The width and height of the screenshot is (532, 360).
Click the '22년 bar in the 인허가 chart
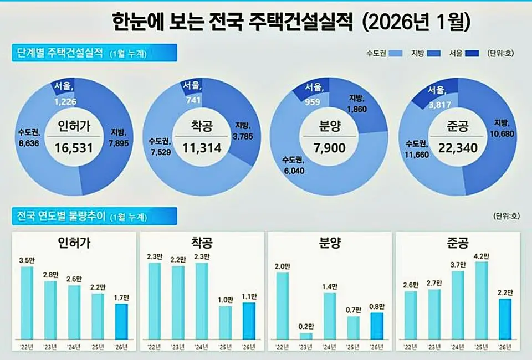(27, 302)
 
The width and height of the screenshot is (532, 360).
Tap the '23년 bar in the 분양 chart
(305, 335)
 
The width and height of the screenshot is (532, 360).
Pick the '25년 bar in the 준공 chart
(481, 300)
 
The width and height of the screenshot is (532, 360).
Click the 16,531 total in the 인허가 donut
(74, 147)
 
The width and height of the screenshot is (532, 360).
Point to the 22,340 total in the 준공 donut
(458, 147)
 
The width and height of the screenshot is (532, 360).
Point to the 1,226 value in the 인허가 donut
(66, 102)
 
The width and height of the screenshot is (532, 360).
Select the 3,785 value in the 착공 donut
(244, 135)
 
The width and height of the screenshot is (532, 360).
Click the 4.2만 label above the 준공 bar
(481, 256)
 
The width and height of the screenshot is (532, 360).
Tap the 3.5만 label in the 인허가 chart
(27, 261)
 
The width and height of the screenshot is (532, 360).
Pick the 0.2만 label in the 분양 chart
(305, 327)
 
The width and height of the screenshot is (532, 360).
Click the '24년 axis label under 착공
(202, 347)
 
